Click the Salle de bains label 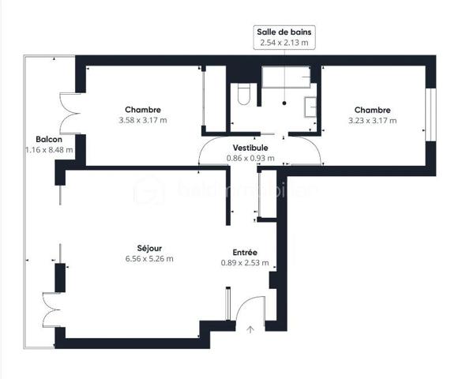pos(284,32)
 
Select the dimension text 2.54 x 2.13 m pos(284,43)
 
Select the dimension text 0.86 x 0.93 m pos(250,158)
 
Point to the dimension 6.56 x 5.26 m pos(148,258)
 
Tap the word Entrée pos(245,253)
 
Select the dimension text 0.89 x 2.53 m pos(245,263)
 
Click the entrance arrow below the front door pos(251,328)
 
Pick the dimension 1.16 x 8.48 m pos(49,149)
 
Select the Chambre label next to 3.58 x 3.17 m pos(143,110)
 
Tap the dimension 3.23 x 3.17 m pos(373,121)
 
